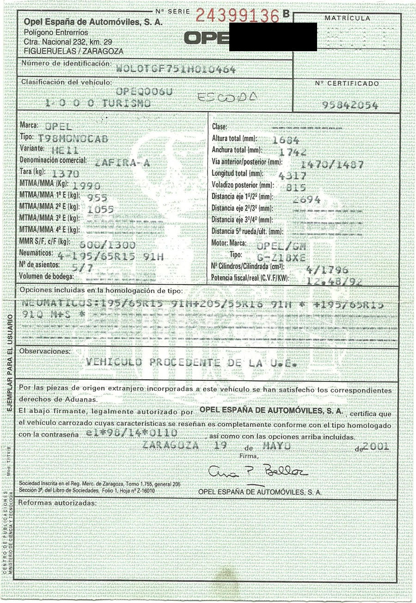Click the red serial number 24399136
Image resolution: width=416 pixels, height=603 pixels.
click(x=237, y=16)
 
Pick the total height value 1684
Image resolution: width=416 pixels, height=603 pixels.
click(x=286, y=141)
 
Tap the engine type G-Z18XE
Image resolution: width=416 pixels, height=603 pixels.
click(x=281, y=258)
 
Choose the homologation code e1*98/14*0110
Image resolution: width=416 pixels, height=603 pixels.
click(x=132, y=433)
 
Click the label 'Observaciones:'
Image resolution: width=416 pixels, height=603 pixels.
click(x=45, y=351)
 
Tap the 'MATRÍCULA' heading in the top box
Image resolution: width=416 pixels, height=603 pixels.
click(x=347, y=18)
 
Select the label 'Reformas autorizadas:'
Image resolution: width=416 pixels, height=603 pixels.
click(x=57, y=503)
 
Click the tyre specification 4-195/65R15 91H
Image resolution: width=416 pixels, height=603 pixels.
click(x=111, y=257)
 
